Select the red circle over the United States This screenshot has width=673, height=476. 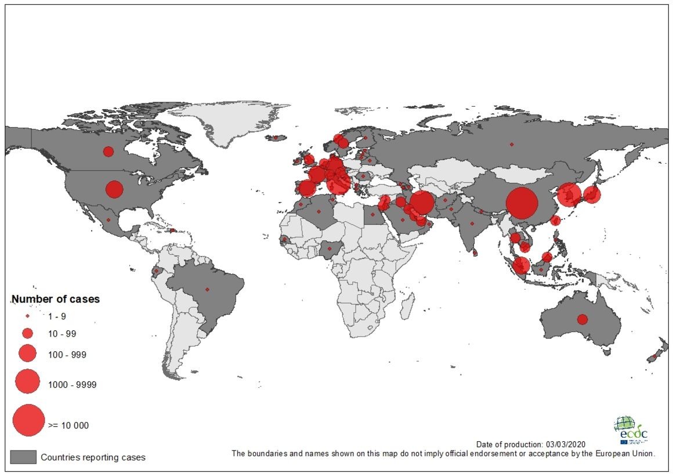(x=114, y=189)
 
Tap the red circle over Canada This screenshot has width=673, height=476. (x=108, y=152)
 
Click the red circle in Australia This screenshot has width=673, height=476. (x=582, y=319)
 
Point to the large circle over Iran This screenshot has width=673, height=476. (x=422, y=203)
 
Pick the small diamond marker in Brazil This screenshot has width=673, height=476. (x=207, y=289)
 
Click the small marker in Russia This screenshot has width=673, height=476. (x=511, y=144)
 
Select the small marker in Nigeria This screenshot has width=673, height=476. (x=330, y=248)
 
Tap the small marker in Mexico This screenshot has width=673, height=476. (x=108, y=219)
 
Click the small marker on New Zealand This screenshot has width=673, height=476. (x=654, y=356)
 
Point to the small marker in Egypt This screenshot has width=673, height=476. (x=372, y=214)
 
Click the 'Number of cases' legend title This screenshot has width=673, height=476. (x=56, y=300)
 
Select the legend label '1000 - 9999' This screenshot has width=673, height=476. (x=73, y=385)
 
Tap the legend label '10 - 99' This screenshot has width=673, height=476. (x=62, y=334)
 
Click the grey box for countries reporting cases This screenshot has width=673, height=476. (x=23, y=457)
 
